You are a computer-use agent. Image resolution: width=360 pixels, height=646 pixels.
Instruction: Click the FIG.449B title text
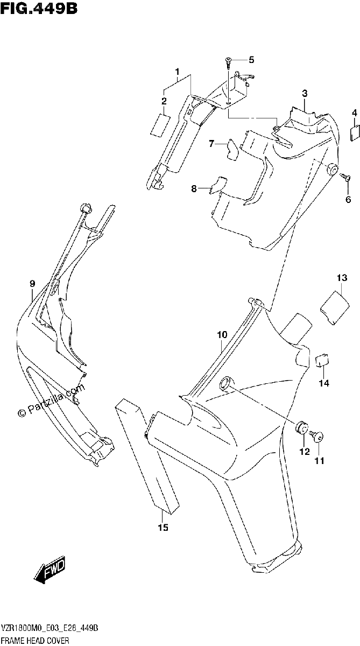39,8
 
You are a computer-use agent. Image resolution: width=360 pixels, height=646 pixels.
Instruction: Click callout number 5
251,60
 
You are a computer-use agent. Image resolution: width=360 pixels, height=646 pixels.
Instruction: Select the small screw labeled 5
228,63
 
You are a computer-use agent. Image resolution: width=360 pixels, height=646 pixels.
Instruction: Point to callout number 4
354,113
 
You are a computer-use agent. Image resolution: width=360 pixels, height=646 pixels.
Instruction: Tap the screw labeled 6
345,177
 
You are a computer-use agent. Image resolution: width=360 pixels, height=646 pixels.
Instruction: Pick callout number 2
164,101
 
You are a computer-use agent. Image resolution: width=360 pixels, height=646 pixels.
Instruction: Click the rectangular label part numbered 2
160,124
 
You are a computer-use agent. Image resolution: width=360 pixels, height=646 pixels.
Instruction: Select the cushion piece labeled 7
232,150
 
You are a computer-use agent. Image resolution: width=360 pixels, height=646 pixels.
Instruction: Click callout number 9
32,284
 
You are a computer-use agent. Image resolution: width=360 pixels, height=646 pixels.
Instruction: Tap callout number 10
222,335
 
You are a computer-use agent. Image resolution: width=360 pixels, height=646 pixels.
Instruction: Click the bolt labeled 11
316,436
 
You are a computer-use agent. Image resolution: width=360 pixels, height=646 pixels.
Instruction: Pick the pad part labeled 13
335,308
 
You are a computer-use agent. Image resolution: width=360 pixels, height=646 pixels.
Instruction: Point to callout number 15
163,528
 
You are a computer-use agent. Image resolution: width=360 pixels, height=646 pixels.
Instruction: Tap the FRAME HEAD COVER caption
35,641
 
